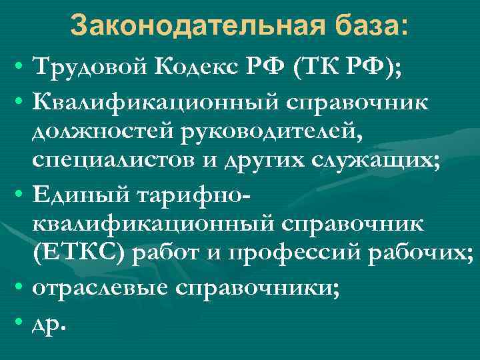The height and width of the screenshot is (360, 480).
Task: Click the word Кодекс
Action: tap(195, 67)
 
